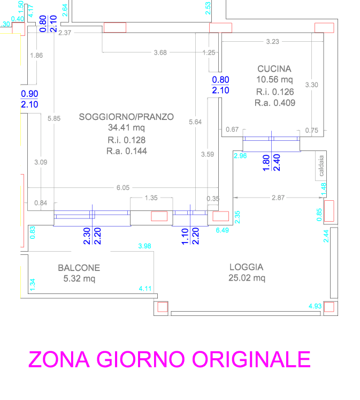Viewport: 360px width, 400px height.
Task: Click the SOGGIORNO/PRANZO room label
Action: coord(126,117)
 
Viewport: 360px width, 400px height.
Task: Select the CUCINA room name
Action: coord(274,69)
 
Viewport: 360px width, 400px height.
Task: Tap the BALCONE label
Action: coord(79,268)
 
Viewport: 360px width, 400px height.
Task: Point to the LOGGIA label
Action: coord(246,267)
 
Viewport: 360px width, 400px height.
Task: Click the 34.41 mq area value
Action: coord(126,128)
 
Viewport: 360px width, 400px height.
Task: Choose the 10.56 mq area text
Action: coord(274,80)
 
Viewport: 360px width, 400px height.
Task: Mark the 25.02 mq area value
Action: coord(247,278)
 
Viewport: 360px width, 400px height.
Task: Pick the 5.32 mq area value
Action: coord(79,278)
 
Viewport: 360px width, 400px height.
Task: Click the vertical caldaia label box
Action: coord(321,165)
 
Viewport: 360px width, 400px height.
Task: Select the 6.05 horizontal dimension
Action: coord(123,188)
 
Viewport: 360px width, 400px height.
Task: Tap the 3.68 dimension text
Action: coord(160,52)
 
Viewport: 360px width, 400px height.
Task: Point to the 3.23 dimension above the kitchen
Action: coord(273,41)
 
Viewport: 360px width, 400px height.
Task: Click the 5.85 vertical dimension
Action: coord(53,119)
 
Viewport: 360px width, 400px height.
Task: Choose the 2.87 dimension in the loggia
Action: coord(278,198)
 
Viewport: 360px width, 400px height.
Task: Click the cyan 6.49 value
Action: coord(222,230)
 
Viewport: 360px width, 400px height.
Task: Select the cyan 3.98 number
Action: coord(144,246)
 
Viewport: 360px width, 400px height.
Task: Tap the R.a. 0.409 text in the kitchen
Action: coord(274,103)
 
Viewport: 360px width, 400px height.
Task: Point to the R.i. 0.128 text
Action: coord(126,140)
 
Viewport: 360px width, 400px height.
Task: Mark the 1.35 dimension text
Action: coord(151,198)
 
